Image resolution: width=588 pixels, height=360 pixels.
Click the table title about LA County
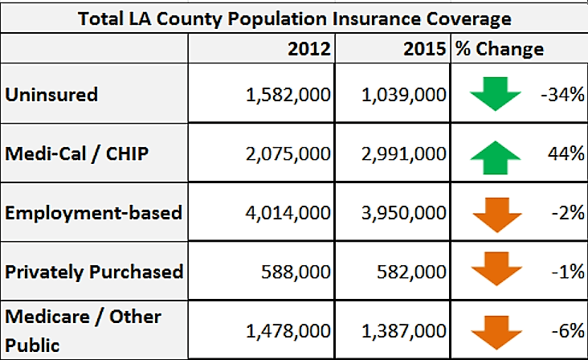click(x=293, y=17)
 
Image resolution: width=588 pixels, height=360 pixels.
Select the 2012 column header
click(x=309, y=49)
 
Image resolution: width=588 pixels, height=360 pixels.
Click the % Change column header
click(x=499, y=49)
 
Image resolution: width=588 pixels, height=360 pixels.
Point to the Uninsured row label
click(x=51, y=95)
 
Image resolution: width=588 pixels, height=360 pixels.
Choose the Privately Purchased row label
click(x=94, y=272)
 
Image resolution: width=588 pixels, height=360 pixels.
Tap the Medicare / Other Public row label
click(x=83, y=330)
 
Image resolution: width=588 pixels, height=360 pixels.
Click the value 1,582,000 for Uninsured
click(x=288, y=95)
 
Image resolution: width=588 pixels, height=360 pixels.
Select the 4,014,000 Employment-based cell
click(x=288, y=213)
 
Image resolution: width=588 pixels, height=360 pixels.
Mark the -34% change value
click(x=563, y=95)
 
